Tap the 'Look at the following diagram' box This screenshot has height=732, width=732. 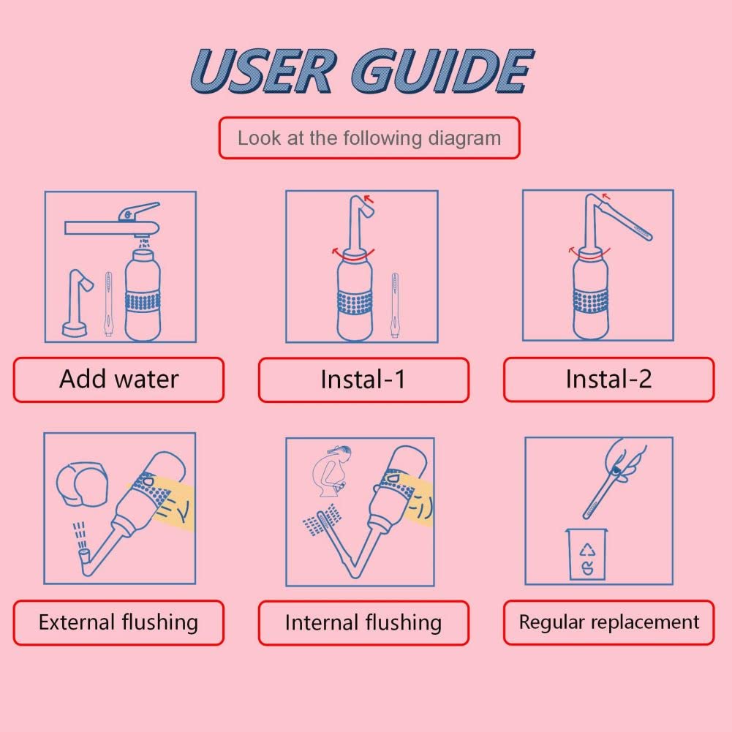369,138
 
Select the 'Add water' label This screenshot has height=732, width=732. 118,380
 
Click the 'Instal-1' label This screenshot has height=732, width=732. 363,380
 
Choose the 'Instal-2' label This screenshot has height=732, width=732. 608,380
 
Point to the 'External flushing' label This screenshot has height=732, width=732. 118,623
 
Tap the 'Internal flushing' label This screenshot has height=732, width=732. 363,623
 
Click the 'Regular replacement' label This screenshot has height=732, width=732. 608,623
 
